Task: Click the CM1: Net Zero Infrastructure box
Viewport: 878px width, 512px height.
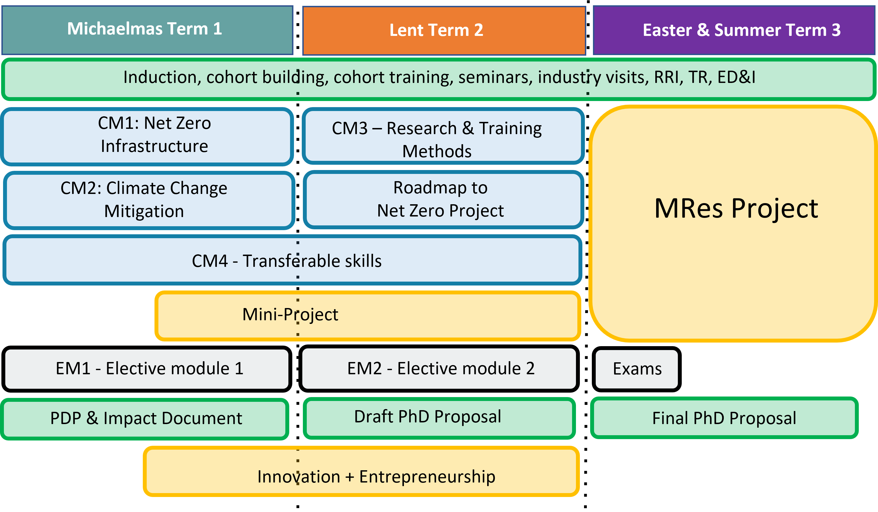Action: [147, 136]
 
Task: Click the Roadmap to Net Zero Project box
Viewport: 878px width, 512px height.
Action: [443, 200]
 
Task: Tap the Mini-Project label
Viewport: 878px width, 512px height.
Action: [290, 314]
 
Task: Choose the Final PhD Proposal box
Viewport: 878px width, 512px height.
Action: [724, 418]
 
